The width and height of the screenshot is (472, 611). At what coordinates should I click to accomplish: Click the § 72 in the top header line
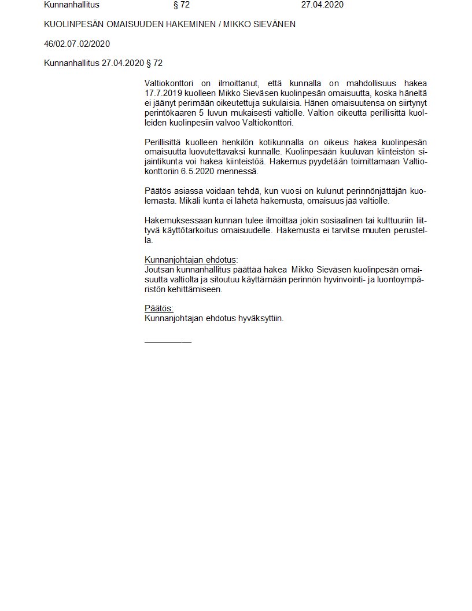pos(182,5)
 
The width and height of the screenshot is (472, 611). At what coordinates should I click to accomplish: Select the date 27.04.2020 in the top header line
pos(322,5)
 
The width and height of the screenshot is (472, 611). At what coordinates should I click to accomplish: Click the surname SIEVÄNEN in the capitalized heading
pos(274,24)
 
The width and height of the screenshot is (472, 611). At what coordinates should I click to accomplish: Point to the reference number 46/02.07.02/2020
pos(77,44)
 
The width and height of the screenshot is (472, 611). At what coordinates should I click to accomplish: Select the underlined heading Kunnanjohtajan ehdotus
pos(191,260)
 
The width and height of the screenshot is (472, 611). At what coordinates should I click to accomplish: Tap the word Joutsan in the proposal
pos(158,270)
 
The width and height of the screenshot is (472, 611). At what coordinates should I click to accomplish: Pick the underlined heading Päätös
pos(158,309)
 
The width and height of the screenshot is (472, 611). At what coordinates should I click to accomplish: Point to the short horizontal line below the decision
pos(168,341)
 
